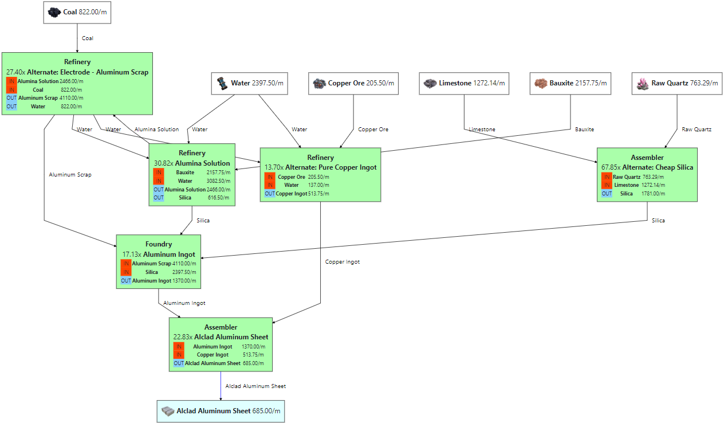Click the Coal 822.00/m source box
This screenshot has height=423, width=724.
77,12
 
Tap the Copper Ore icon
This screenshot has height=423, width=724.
319,84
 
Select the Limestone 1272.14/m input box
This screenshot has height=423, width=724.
464,84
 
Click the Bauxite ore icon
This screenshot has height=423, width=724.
540,84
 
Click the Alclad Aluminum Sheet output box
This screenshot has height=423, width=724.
221,411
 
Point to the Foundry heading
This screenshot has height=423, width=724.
159,244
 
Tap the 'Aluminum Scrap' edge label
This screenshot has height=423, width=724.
70,174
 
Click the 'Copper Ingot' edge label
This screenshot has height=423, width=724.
343,262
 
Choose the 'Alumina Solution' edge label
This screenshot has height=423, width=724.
156,130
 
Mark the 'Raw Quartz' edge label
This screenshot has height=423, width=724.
697,130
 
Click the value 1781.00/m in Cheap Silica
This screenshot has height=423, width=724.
653,194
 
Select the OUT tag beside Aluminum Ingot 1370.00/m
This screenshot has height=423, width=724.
126,281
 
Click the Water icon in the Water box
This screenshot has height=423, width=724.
222,84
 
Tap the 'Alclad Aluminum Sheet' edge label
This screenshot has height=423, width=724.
255,386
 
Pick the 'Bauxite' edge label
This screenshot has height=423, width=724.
584,130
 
